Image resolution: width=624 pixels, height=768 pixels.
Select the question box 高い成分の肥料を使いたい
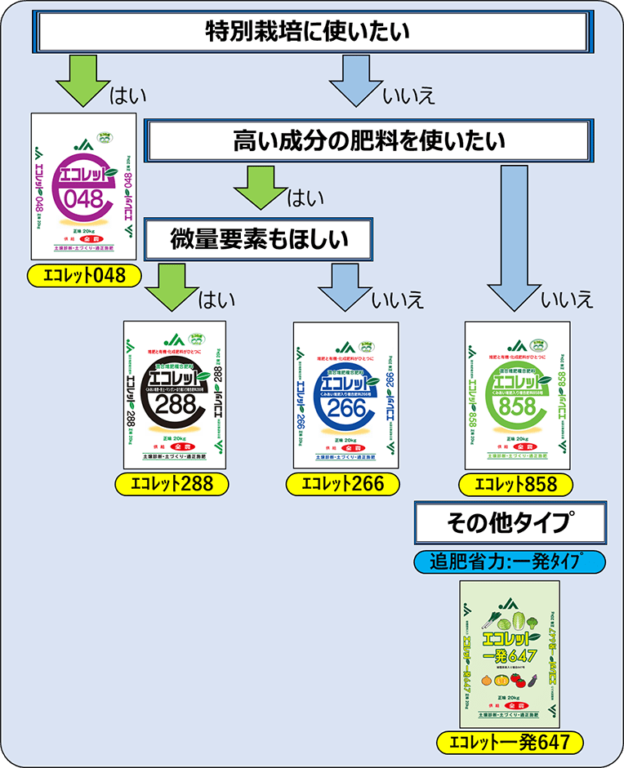tap(369, 141)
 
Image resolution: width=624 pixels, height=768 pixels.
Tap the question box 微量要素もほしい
tap(259, 239)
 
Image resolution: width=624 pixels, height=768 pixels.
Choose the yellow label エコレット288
tap(175, 483)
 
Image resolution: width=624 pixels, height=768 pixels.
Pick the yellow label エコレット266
tap(343, 483)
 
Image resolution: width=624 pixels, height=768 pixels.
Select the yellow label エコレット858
tap(515, 483)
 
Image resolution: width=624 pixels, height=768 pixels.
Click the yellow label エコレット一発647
tap(510, 742)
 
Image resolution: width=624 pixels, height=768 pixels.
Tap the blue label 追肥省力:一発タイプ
tap(510, 562)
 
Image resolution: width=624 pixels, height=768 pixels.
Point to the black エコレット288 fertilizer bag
tap(175, 395)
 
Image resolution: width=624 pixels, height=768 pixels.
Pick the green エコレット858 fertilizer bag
tap(516, 395)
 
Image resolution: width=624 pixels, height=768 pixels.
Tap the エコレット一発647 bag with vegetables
tap(510, 653)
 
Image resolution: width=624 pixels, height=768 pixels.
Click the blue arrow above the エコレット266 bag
tap(344, 286)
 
